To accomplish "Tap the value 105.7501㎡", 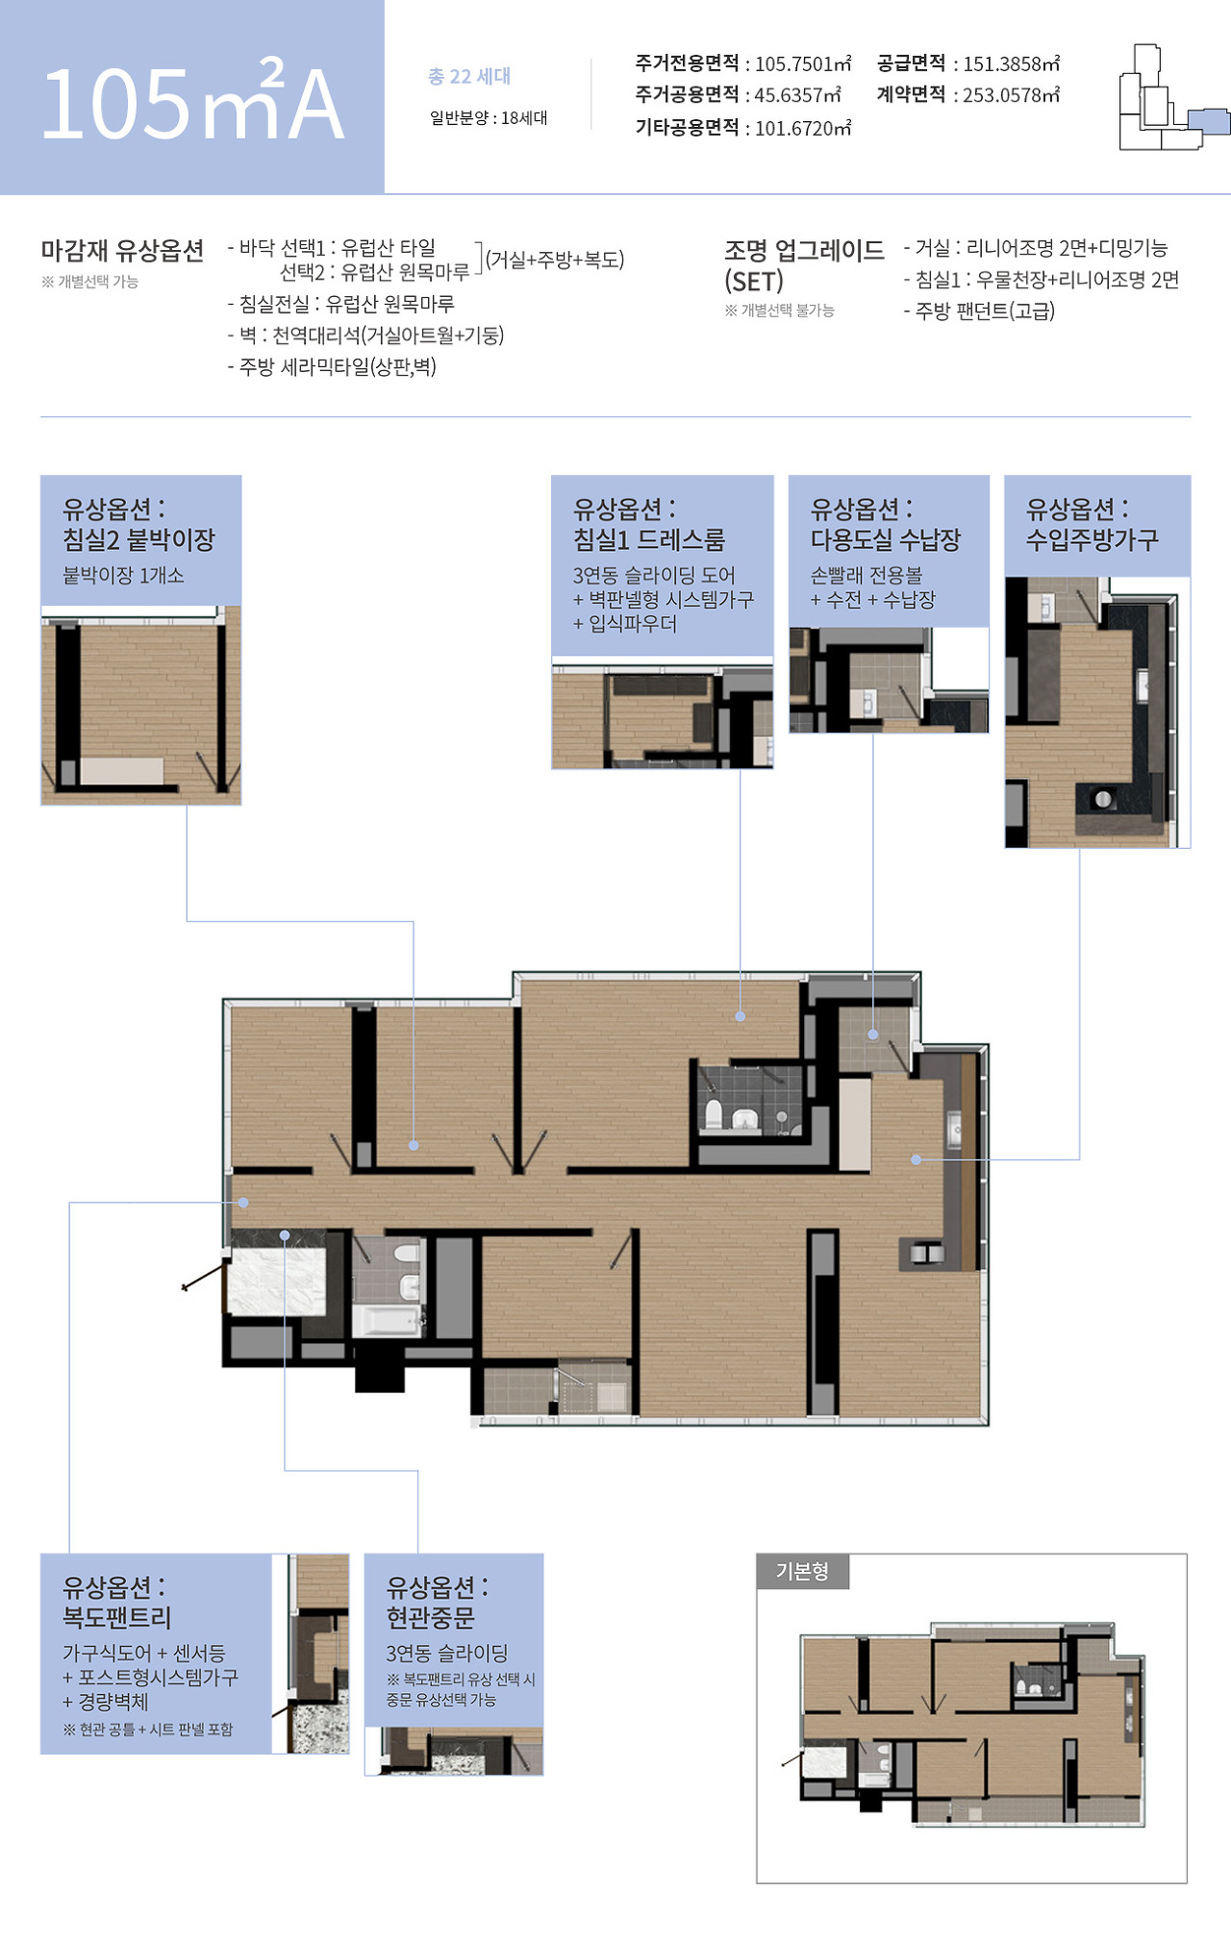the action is click(803, 63).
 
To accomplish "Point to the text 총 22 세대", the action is click(469, 76).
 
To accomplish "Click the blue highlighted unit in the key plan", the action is click(1209, 121).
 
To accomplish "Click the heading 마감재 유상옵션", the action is click(122, 251).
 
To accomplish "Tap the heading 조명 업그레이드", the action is click(804, 251).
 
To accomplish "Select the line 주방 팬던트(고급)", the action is click(979, 311).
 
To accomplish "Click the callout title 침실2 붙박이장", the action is click(138, 539).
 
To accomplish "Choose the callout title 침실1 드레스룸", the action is click(649, 539).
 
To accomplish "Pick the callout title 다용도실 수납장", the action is click(886, 539).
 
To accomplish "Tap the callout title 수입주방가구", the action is click(1093, 539).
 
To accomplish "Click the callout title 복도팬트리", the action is click(116, 1617).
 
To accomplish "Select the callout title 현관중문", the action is click(431, 1617).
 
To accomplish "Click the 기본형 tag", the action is click(802, 1571).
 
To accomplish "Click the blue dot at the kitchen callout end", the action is click(917, 1159).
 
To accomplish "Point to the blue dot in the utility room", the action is click(873, 1034).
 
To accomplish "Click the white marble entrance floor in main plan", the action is click(276, 1281).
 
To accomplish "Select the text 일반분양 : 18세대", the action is click(489, 117).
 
